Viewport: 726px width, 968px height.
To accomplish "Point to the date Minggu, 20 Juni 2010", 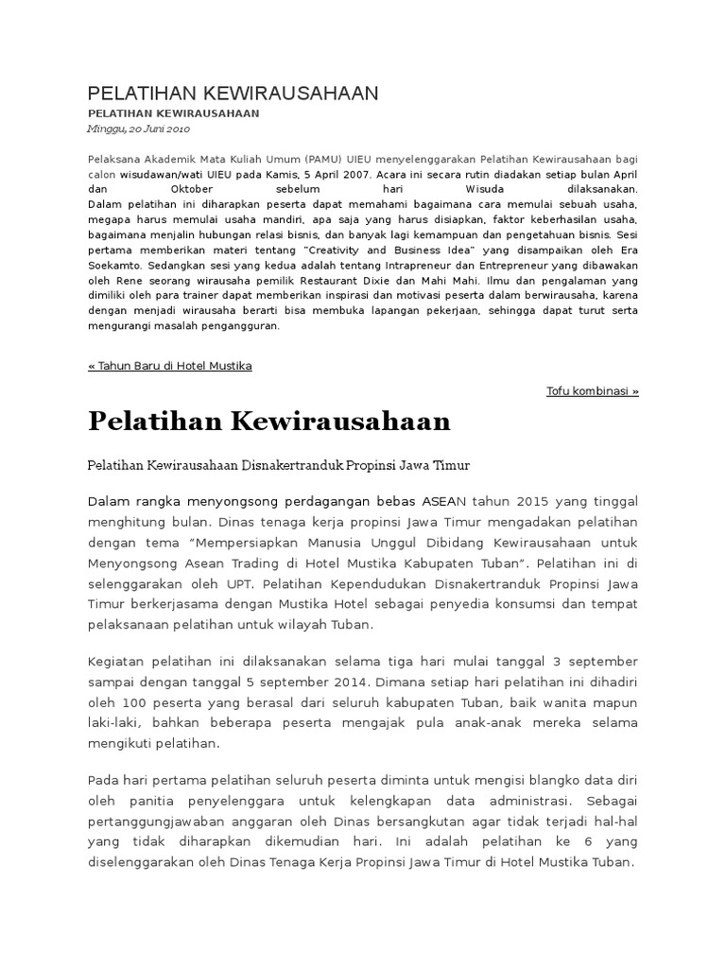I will (x=139, y=129).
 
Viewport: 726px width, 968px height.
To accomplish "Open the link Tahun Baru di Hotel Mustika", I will (x=170, y=366).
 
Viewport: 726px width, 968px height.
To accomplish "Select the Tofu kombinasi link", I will (x=593, y=390).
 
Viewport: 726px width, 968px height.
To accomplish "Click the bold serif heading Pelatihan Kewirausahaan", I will (x=269, y=422).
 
